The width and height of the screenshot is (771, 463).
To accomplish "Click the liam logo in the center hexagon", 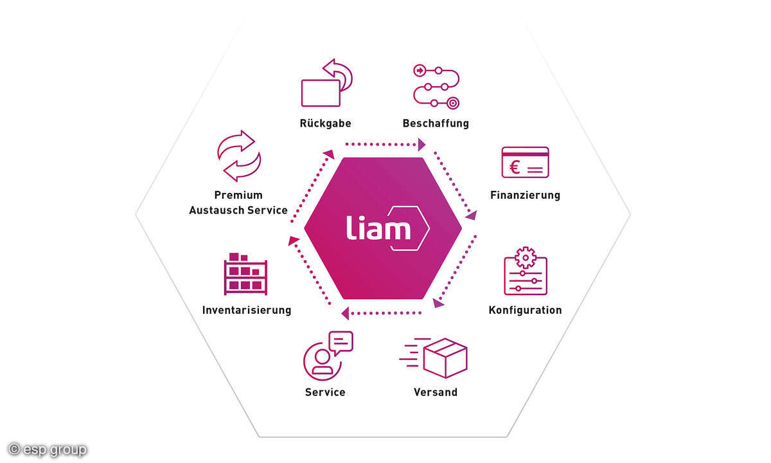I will click(386, 228).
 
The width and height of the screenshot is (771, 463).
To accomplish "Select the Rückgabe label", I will click(325, 123).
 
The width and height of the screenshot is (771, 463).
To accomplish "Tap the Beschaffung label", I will click(436, 123).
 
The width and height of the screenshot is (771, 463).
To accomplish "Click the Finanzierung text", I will click(525, 195).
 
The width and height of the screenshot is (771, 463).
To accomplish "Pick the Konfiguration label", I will click(525, 310).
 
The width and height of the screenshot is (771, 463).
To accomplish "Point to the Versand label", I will click(436, 392).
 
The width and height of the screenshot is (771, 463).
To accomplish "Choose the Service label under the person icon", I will click(325, 392).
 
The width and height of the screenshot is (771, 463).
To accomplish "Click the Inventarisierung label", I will click(247, 310).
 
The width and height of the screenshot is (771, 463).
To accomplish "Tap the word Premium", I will click(238, 195).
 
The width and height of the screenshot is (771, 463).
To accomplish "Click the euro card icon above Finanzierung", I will click(525, 162).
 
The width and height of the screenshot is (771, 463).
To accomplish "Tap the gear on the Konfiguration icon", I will click(526, 257).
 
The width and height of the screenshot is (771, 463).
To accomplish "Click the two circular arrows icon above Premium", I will click(238, 156).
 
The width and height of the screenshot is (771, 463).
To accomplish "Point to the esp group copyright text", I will click(48, 449).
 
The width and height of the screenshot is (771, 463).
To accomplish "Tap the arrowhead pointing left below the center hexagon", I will click(345, 314).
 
